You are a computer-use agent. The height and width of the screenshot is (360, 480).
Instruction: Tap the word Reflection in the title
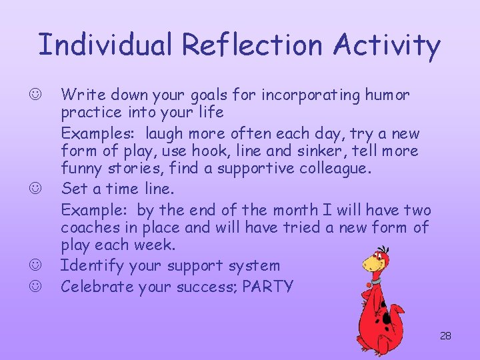251,45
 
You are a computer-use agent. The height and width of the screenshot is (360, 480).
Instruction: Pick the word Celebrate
97,287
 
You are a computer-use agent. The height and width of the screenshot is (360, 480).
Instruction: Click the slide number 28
445,336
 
